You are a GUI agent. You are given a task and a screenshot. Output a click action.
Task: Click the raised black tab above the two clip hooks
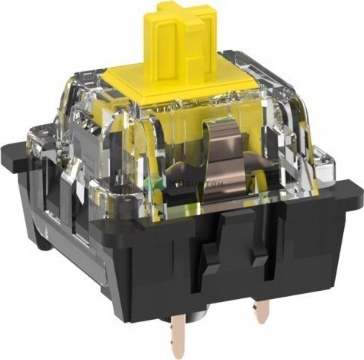236,227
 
